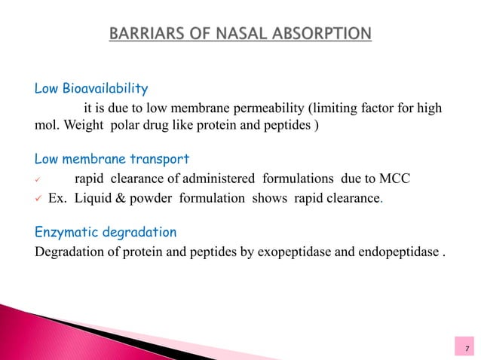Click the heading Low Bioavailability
pos(91,90)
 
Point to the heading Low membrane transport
pos(112,160)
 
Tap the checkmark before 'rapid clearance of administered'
pos(39,178)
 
